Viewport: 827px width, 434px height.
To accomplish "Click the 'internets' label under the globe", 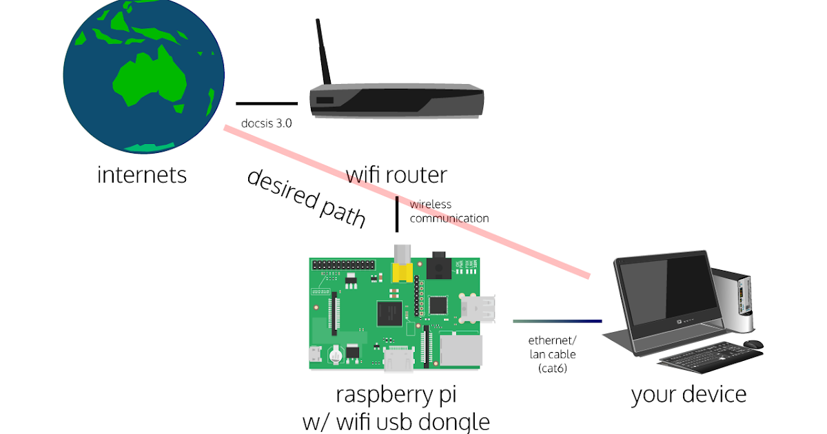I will point(142,175).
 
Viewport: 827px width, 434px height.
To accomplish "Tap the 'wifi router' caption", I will point(396,175).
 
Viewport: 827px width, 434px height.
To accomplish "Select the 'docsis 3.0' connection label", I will point(267,124).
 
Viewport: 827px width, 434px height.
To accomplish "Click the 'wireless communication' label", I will point(449,211).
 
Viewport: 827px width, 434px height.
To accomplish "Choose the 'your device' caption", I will point(688,395).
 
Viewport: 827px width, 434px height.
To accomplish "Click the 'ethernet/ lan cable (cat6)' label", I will point(552,354).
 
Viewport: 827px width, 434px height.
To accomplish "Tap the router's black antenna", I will point(322,52).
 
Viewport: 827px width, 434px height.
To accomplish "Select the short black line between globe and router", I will point(267,104).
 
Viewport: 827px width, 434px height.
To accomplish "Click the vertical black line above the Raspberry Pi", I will point(397,214).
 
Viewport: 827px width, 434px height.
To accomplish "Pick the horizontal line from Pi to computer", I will point(557,321).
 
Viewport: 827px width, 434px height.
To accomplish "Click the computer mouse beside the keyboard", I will point(753,344).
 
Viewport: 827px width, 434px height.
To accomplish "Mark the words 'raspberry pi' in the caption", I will point(396,395).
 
